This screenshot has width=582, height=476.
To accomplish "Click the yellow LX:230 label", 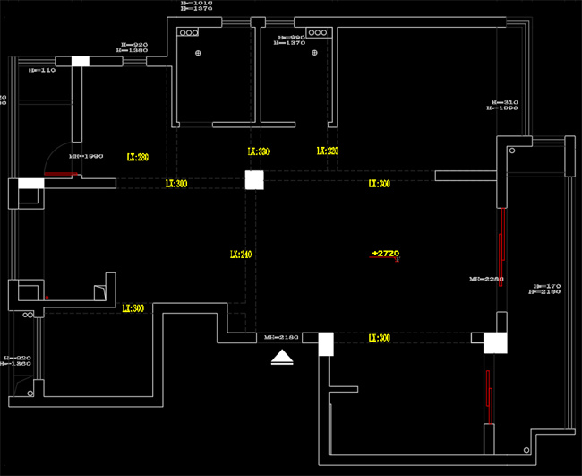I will [137, 157].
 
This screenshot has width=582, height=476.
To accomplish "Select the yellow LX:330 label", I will [258, 152].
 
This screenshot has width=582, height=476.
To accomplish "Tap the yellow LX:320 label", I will [327, 151].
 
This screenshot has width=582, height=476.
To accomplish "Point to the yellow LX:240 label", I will [240, 255].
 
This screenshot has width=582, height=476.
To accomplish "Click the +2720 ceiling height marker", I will [385, 254].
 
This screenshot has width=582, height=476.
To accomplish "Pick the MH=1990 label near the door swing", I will [90, 156].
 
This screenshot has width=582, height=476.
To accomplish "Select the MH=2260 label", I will [486, 280].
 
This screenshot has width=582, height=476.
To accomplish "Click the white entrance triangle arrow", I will [283, 359].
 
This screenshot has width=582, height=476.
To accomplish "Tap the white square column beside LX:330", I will [255, 180].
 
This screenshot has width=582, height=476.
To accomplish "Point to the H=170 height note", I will [543, 286].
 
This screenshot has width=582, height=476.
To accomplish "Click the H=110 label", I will [41, 69].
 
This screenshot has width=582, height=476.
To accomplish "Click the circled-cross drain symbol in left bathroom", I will [199, 54].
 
